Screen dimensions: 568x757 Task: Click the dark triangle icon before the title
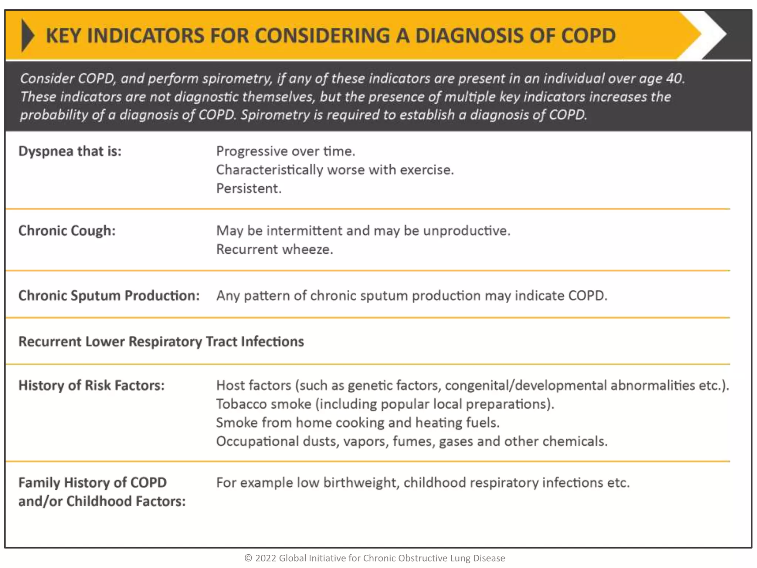[x=28, y=35]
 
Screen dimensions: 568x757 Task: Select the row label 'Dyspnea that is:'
[x=70, y=151]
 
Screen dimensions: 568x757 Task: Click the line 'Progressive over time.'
[x=285, y=151]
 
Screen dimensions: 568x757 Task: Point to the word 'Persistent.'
[x=249, y=189]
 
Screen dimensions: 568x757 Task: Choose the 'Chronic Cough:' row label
[x=67, y=231]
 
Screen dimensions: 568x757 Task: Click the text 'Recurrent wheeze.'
[x=274, y=250]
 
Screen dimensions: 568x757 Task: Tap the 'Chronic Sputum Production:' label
[x=109, y=296]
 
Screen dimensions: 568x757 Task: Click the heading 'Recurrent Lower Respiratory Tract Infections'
[x=161, y=342]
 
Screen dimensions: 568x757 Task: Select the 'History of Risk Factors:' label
[x=91, y=386]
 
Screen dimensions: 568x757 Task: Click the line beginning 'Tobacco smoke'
[x=385, y=404]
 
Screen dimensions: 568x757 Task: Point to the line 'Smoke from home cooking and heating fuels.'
[x=357, y=423]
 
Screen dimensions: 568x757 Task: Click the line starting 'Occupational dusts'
[x=411, y=442]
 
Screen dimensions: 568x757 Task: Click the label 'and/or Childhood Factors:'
[x=102, y=501]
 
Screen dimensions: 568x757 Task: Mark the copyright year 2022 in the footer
[x=265, y=558]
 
